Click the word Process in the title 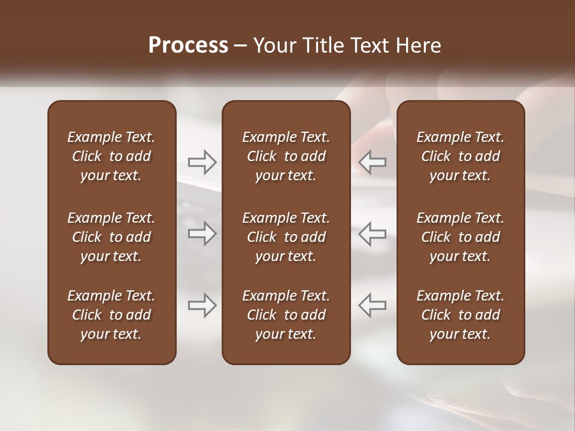point(188,45)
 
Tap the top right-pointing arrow point(202,162)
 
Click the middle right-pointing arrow point(202,234)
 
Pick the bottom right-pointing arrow point(202,305)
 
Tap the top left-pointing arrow point(372,162)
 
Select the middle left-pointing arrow point(372,234)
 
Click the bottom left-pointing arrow point(372,305)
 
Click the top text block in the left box point(111,156)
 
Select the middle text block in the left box point(111,237)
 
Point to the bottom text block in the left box point(111,315)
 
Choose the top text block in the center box point(286,156)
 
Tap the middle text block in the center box point(286,237)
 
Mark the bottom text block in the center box point(286,315)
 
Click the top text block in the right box point(460,156)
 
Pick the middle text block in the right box point(460,237)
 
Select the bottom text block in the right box point(460,315)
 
